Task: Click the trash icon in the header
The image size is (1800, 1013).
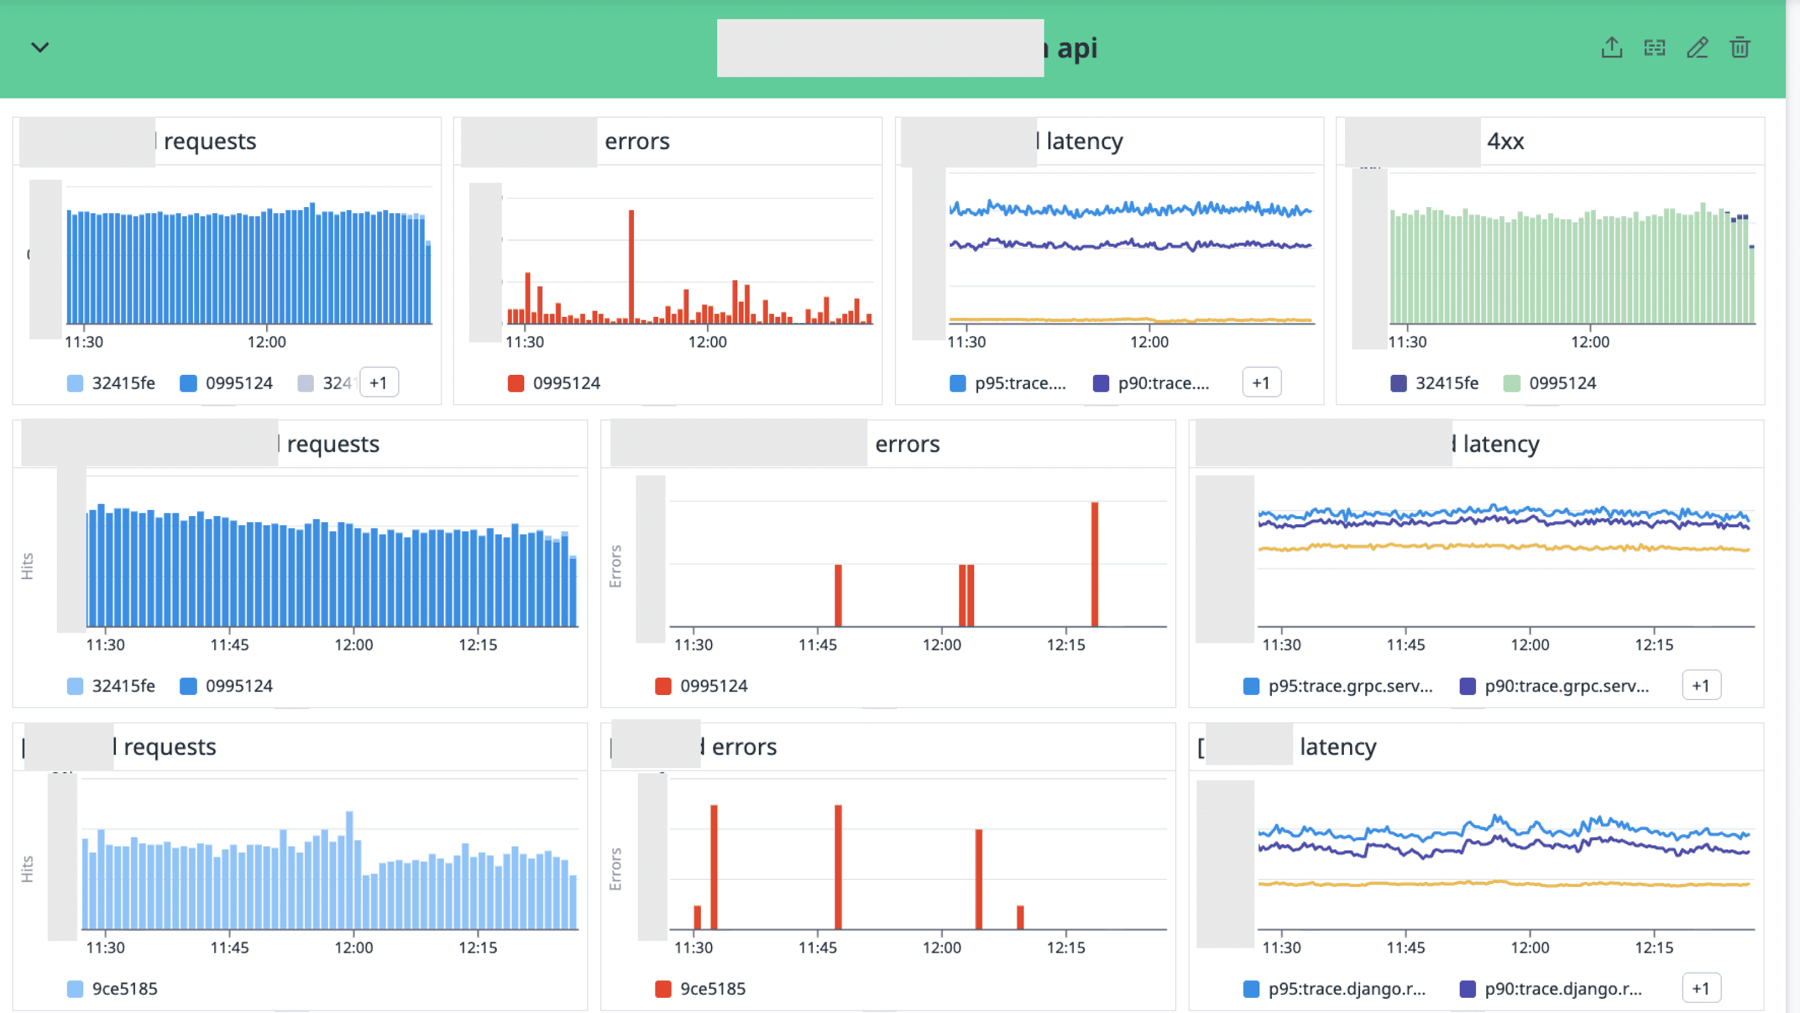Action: (x=1739, y=47)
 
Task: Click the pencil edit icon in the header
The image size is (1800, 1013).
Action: (x=1697, y=47)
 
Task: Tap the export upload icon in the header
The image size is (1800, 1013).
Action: (x=1612, y=47)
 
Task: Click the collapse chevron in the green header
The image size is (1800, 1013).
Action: (x=40, y=47)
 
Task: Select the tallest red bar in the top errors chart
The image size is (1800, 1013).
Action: (x=631, y=266)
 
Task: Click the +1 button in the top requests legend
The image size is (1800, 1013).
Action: (x=379, y=383)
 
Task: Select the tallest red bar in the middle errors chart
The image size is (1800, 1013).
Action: (x=1094, y=563)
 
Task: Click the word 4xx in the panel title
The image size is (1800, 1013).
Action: (x=1505, y=141)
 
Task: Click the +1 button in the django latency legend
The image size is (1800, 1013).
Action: (x=1700, y=989)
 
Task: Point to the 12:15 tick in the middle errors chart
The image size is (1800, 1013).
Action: (x=1065, y=644)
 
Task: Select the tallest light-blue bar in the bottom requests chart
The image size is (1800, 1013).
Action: (x=349, y=871)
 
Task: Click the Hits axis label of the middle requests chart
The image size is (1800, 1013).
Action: (x=27, y=566)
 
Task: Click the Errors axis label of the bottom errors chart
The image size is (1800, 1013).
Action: (x=615, y=869)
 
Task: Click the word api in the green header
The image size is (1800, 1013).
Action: (x=1077, y=48)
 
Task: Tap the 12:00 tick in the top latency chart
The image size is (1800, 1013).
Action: (x=1149, y=342)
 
